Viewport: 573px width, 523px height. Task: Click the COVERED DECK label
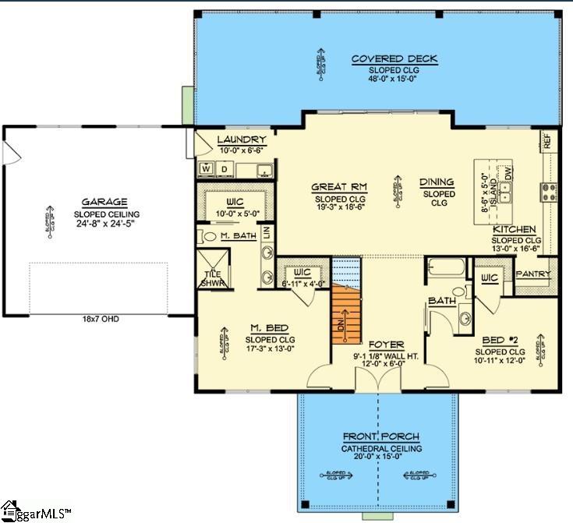(x=394, y=58)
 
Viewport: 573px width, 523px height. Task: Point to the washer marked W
(x=207, y=168)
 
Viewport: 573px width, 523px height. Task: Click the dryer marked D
(x=224, y=168)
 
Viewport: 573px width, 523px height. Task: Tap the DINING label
(x=437, y=182)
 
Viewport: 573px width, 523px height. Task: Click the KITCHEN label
(x=514, y=229)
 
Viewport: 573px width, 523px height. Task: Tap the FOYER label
(x=385, y=343)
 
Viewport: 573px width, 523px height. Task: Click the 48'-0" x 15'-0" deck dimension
(x=394, y=79)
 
